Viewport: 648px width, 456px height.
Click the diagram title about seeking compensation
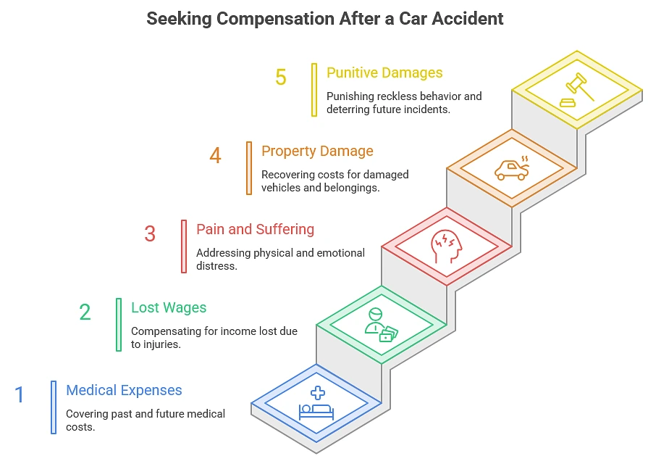325,19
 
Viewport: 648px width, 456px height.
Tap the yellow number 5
281,78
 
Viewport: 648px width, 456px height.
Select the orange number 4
215,156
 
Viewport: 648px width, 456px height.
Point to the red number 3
150,233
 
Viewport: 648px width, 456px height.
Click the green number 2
85,312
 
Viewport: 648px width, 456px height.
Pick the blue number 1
20,394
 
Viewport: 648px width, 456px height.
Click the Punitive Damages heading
384,72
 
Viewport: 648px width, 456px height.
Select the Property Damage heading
317,152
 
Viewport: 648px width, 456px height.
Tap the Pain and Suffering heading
256,229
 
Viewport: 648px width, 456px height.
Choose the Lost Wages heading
169,308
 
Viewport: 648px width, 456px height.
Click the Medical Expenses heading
124,390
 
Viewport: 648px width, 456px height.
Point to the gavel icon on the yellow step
577,90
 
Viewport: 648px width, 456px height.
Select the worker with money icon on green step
381,325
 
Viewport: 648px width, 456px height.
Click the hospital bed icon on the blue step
316,412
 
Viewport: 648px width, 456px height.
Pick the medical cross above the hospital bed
318,393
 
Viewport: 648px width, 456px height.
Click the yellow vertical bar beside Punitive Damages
314,90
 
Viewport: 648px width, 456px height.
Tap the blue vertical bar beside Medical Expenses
54,407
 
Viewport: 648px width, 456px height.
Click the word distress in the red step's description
216,265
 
